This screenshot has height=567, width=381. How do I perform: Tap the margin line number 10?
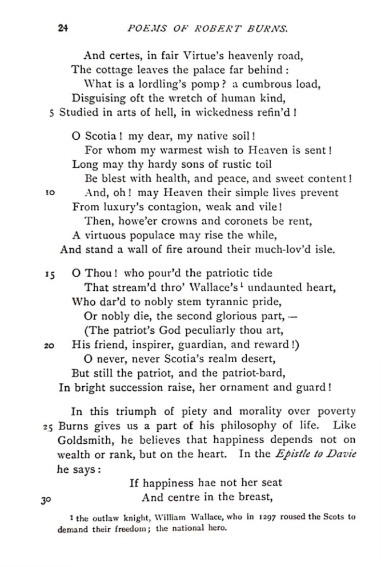click(x=50, y=193)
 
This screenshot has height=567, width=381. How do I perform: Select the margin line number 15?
click(x=49, y=274)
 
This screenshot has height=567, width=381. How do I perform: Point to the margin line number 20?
click(x=50, y=345)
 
